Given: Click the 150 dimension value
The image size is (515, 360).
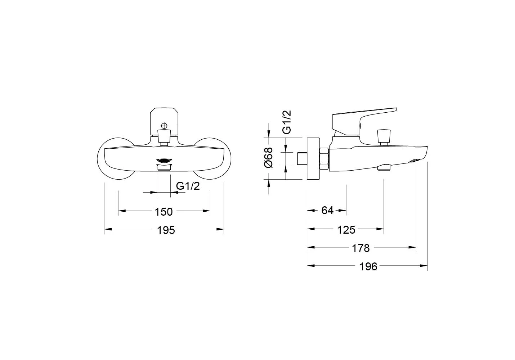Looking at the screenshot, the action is point(164,212).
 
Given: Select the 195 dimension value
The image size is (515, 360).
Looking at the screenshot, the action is point(166,230).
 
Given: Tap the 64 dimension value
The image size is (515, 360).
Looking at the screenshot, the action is point(327,210).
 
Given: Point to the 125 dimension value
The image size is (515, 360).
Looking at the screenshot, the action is point(346,230).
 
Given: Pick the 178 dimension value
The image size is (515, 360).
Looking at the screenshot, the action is point(361,248).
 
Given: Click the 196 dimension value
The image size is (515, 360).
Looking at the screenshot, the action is point(368,266).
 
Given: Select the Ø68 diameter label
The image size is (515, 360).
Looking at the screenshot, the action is point(268,158).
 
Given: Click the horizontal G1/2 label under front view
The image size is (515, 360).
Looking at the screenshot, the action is point(188,186).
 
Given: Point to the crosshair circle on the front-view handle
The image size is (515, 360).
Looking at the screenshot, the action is point(164,126).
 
